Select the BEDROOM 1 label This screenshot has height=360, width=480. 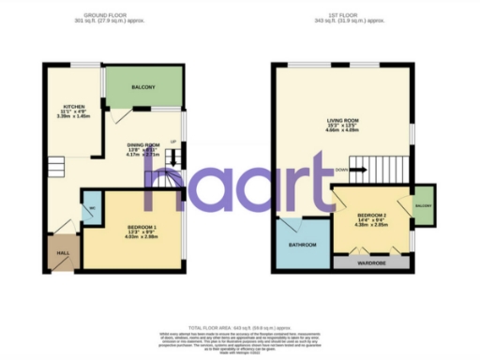(142, 228)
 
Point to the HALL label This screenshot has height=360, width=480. (63, 254)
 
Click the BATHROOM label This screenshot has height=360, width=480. (302, 245)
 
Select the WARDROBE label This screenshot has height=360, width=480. (371, 264)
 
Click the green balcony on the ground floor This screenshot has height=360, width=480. (143, 88)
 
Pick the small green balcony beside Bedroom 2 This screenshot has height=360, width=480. (423, 205)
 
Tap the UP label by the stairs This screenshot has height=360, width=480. (172, 142)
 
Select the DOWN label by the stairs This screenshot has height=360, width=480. (343, 171)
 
